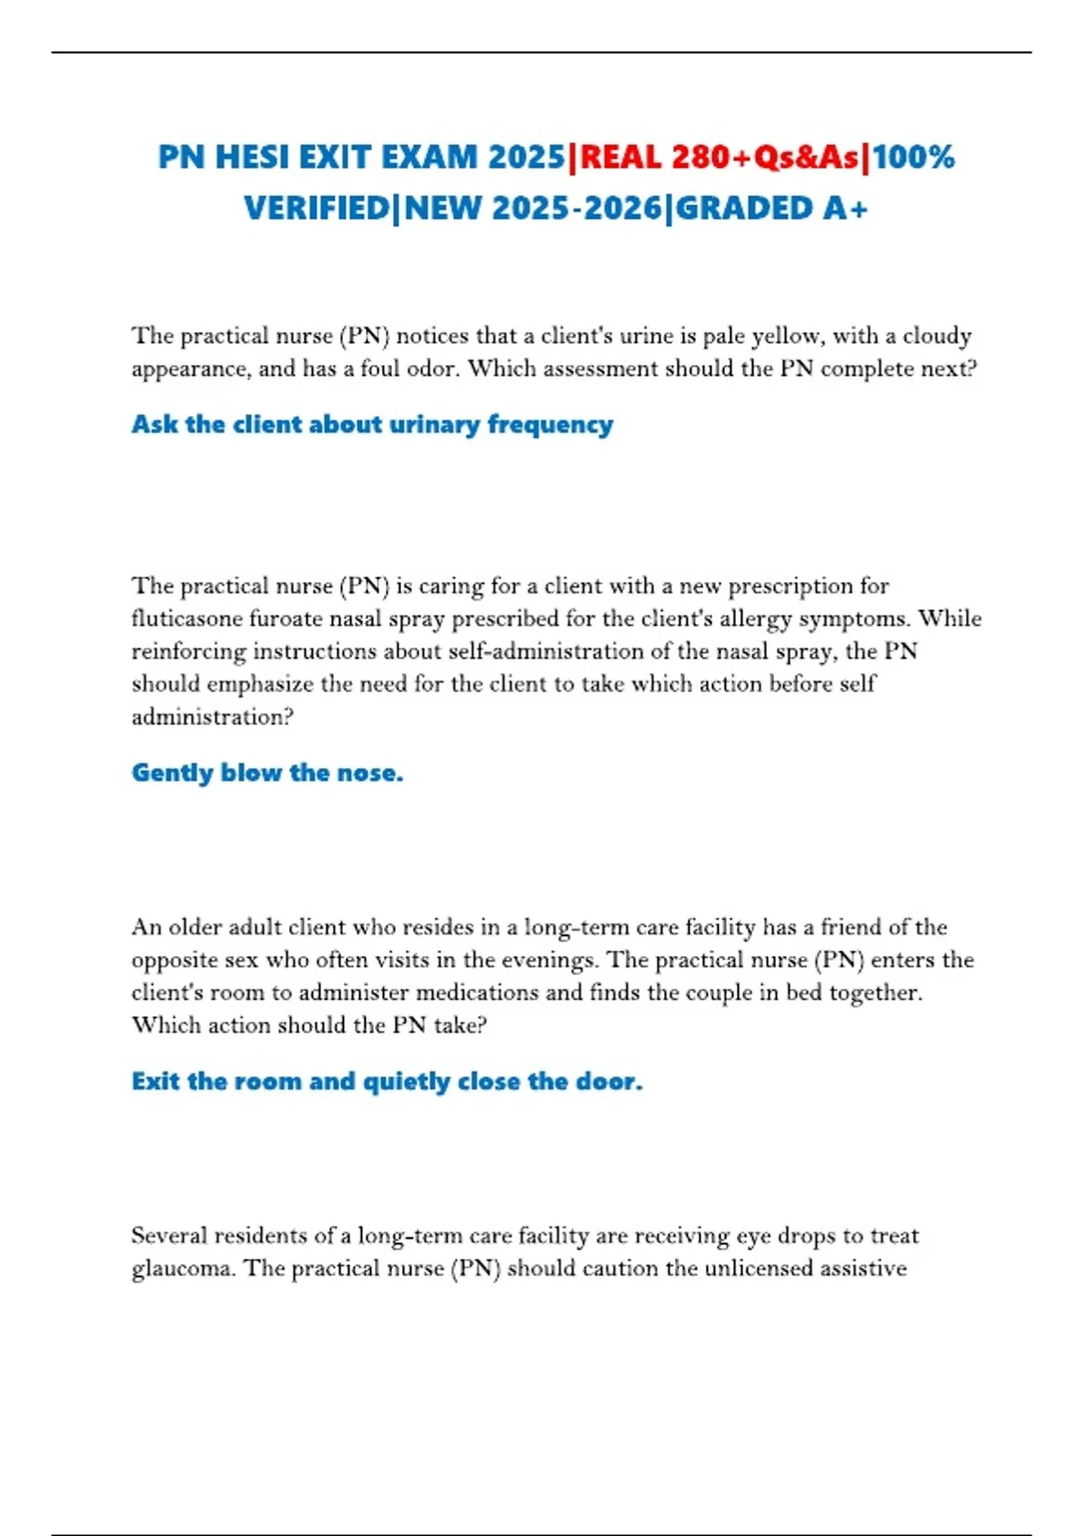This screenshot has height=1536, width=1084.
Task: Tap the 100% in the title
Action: pyautogui.click(x=914, y=157)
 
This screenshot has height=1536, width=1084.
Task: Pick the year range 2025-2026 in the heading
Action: pyautogui.click(x=577, y=209)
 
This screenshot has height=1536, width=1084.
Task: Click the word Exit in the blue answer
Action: pyautogui.click(x=155, y=1082)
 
